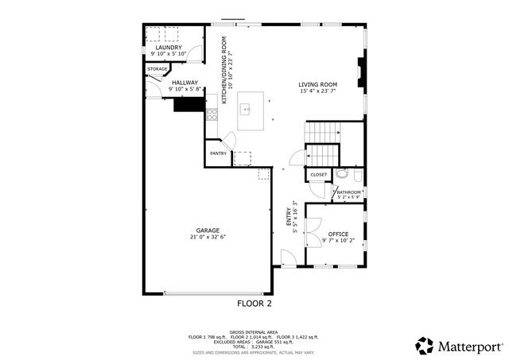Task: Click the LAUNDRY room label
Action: point(168,48)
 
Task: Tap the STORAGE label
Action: point(157,69)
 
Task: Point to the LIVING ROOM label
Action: point(318,85)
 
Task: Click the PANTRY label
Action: point(218,153)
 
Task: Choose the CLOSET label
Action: point(318,174)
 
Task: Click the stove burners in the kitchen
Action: point(212,114)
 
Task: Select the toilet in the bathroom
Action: point(342,172)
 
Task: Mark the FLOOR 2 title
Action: point(254,303)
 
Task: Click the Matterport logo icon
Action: point(425,345)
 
